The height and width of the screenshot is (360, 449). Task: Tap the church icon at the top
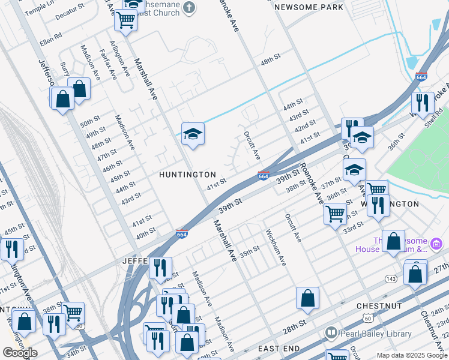coord(189,8)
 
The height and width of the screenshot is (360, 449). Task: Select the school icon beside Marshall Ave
coord(193,134)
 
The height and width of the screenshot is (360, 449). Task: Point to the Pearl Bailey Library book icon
coord(331,333)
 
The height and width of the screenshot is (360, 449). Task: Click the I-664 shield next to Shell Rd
coord(421,77)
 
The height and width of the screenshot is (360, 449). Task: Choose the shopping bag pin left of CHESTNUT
coord(307,298)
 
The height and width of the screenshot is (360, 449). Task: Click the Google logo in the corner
coord(20,353)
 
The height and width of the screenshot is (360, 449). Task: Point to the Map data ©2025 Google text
coord(411,355)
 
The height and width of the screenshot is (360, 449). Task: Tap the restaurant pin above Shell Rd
coord(423,103)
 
